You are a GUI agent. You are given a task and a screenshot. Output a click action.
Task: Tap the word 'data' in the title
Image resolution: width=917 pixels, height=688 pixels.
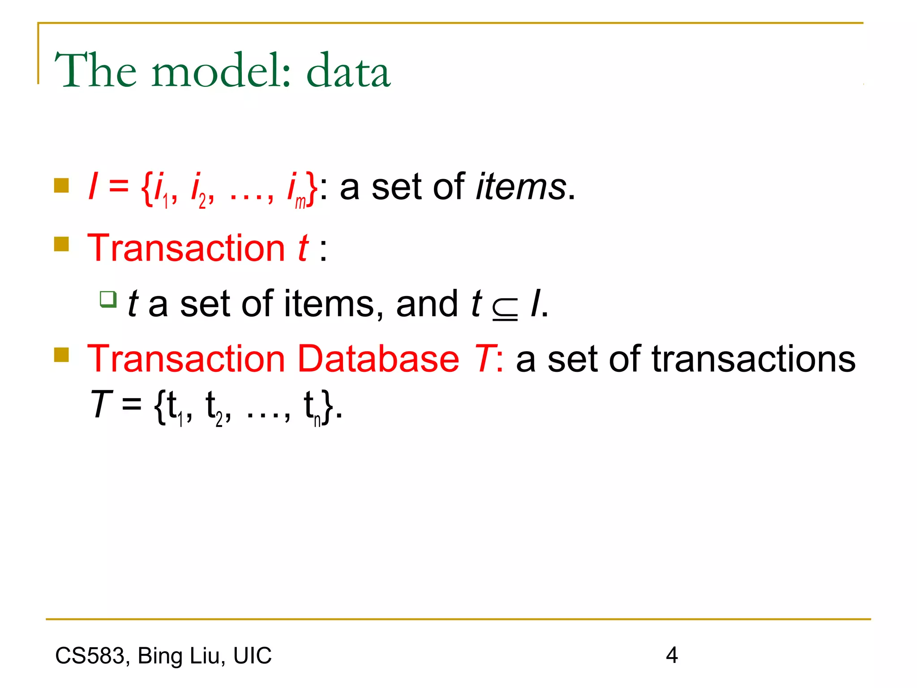pos(348,70)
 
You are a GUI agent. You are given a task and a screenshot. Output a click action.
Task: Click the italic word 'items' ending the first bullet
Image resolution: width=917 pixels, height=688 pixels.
pos(521,187)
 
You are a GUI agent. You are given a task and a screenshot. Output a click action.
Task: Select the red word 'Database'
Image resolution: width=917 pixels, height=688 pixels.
pos(378,359)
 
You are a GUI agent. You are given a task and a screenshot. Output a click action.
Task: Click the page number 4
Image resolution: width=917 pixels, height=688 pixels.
pos(672,655)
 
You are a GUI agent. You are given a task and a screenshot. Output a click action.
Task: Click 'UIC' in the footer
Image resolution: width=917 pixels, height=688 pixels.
pos(252,656)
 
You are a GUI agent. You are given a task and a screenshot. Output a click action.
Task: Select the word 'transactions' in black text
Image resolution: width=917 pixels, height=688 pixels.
pos(754,359)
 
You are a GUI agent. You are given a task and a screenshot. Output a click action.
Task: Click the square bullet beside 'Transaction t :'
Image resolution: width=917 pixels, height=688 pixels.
pos(61,244)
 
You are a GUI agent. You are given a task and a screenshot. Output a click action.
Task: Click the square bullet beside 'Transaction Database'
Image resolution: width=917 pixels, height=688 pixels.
pos(61,355)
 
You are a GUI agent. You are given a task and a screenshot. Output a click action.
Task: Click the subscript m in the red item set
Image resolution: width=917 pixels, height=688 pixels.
pos(300,202)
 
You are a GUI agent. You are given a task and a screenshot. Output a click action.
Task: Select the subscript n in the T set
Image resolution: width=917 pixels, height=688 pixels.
pos(317,421)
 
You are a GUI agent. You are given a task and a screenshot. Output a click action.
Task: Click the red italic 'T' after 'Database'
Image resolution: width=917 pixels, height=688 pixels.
pos(484,359)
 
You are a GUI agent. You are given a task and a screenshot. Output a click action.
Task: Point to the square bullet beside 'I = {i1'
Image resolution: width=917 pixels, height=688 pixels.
pos(61,185)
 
